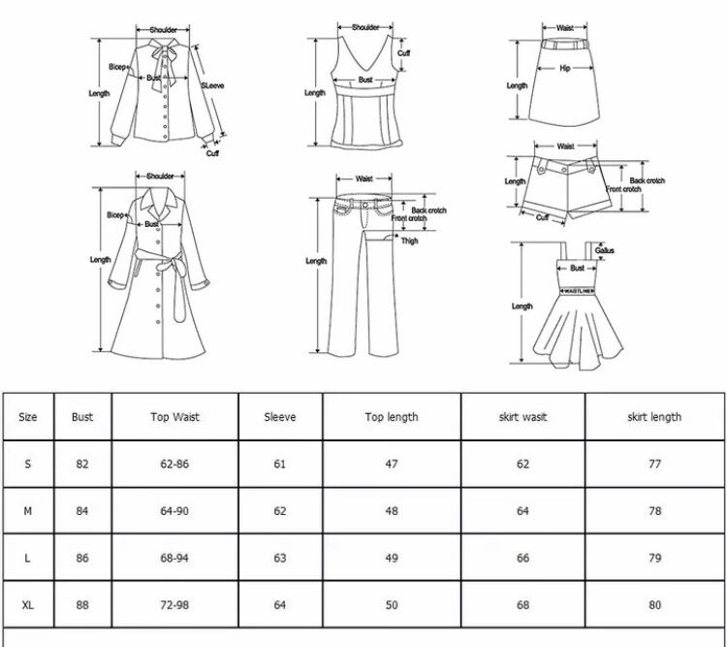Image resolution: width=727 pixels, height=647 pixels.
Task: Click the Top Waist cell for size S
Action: click(174, 464)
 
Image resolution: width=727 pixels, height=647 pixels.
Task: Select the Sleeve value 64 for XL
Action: click(280, 605)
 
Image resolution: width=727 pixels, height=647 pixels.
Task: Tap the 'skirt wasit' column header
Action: click(522, 417)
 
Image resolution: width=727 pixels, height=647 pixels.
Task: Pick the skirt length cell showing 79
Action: click(655, 559)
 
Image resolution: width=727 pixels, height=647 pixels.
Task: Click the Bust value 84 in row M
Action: click(82, 511)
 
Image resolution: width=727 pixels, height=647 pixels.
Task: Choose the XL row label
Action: click(28, 605)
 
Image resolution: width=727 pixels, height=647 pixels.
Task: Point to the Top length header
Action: click(392, 417)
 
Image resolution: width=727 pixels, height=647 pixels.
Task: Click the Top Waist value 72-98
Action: click(174, 605)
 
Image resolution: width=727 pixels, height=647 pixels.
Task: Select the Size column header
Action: click(28, 417)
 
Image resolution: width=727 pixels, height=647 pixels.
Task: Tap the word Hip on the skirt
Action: click(565, 68)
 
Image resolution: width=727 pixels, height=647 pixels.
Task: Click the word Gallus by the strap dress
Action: click(605, 250)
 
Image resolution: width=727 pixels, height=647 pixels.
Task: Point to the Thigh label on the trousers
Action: click(410, 241)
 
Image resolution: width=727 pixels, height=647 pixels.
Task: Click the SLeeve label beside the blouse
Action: click(212, 86)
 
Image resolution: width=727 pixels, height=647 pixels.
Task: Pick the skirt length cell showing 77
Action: click(655, 464)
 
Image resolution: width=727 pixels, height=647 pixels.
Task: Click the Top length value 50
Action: click(392, 605)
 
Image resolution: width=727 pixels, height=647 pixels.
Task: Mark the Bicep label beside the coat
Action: click(116, 215)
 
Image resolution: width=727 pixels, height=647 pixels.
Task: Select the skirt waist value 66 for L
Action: click(522, 559)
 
